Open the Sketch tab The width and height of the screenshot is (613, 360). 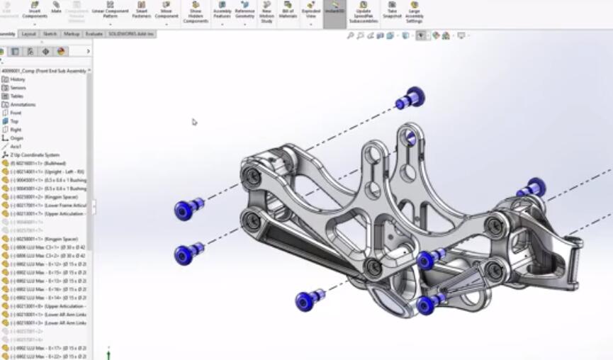(50, 34)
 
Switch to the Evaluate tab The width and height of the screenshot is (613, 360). (94, 34)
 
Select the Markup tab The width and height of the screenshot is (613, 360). (72, 34)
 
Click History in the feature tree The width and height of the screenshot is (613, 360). (17, 79)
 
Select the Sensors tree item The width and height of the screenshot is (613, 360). (18, 88)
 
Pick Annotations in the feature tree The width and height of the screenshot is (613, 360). (22, 105)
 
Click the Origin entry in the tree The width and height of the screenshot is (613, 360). (16, 138)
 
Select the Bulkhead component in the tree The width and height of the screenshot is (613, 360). (43, 163)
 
